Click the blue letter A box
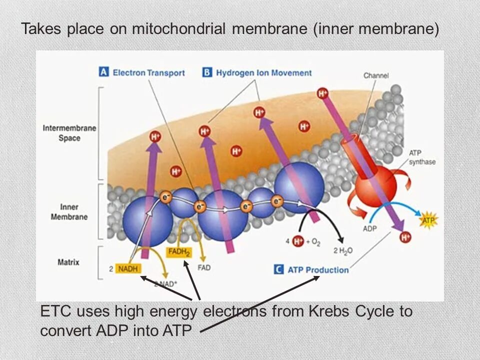point(104,72)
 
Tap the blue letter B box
point(207,72)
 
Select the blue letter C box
point(278,269)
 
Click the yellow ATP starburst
point(427,220)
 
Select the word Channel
point(376,75)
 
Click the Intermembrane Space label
point(69,133)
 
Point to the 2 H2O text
point(342,251)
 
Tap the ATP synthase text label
point(422,157)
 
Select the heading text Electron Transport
point(148,73)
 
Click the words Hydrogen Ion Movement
point(263,73)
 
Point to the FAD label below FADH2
point(204,268)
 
